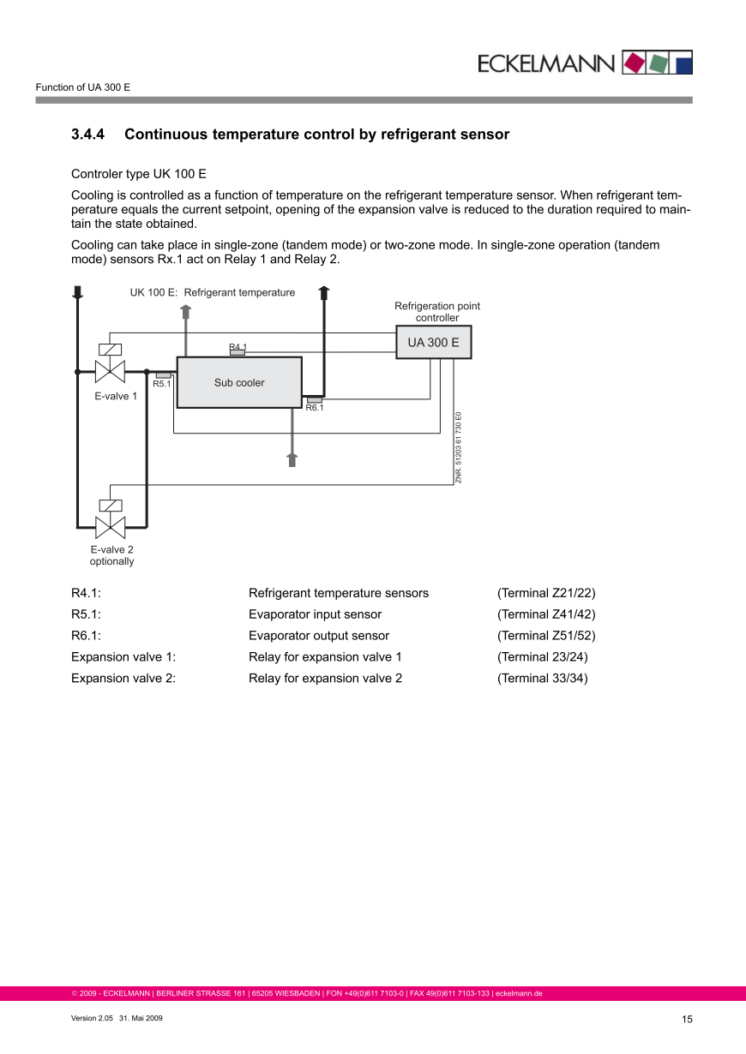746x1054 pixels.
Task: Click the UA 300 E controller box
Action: click(433, 343)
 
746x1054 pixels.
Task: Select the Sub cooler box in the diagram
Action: click(239, 382)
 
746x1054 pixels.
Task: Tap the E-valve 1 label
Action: click(116, 397)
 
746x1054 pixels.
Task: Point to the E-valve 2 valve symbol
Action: click(111, 525)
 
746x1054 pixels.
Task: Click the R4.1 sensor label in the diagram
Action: click(238, 347)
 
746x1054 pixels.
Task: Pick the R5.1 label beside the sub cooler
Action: click(162, 384)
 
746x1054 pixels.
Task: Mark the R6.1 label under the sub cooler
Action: click(315, 408)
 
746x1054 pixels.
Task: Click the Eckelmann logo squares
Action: click(657, 62)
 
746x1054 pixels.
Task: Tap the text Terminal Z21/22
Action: click(546, 593)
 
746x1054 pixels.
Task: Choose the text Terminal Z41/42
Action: click(546, 614)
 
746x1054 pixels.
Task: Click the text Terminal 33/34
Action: click(543, 679)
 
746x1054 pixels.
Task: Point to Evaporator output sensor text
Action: click(319, 636)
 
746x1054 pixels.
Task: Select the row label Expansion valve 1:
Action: click(123, 657)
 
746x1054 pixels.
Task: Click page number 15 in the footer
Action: click(687, 1019)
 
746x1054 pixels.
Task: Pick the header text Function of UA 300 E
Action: click(82, 87)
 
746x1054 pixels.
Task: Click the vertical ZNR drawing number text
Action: click(459, 448)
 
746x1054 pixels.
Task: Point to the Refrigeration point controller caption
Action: click(437, 312)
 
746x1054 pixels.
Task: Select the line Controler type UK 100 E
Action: click(139, 173)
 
